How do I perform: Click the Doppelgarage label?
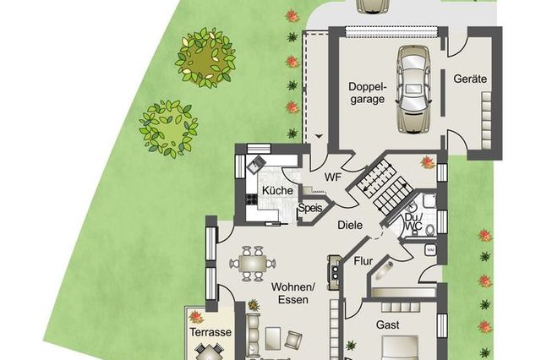(367, 93)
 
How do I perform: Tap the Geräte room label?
(470, 79)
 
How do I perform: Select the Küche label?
(277, 190)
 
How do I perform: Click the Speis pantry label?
(310, 208)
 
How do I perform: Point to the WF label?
(333, 177)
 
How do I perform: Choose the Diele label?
(350, 225)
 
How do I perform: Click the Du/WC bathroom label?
(413, 221)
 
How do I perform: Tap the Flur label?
(363, 261)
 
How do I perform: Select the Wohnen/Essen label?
(293, 293)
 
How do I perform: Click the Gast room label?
(388, 325)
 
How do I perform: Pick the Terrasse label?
(210, 332)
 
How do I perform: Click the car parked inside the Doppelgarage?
(413, 89)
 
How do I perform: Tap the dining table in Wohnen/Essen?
(253, 265)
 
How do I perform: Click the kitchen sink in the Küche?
(255, 163)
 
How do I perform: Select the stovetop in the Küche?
(251, 199)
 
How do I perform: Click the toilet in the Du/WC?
(430, 230)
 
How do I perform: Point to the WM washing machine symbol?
(430, 249)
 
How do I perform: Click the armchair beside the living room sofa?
(293, 339)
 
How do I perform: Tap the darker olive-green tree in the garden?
(205, 57)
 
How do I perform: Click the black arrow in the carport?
(319, 137)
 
